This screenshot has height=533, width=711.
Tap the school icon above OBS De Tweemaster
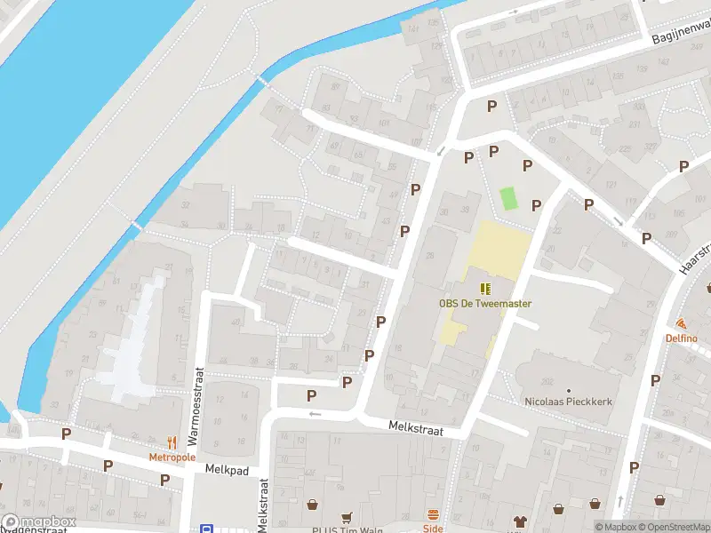tap(485, 288)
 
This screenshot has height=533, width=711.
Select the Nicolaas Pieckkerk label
tap(569, 402)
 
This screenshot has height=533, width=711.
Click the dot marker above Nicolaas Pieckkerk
tap(569, 390)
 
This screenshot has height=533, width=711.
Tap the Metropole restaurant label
tap(172, 457)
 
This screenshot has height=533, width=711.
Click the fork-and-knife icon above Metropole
tap(172, 442)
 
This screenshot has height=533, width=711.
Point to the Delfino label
tap(682, 338)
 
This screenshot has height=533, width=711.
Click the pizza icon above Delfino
tap(682, 324)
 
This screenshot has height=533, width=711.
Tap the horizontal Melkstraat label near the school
tap(414, 427)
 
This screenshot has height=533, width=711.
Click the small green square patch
tap(508, 197)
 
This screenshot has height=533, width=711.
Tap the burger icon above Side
tap(433, 514)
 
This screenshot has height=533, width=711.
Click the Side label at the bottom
tap(433, 528)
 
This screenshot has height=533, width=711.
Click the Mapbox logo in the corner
tap(37, 522)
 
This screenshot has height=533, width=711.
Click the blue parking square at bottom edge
tap(206, 529)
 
